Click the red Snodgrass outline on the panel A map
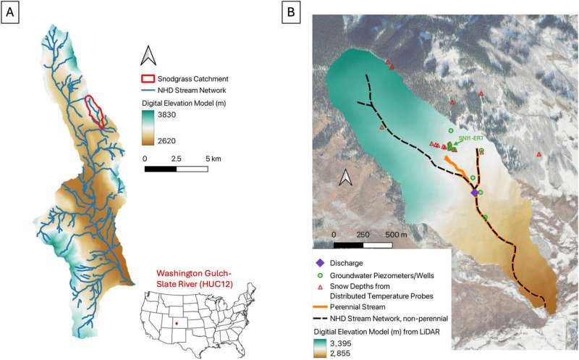96,112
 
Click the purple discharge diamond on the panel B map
475,193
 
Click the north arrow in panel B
346,176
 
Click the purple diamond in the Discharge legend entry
320,263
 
